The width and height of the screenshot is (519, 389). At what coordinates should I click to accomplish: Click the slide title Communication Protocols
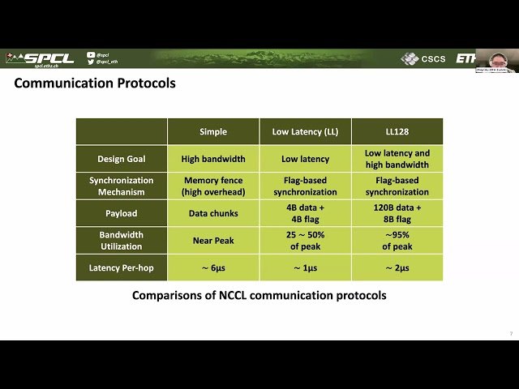(95, 83)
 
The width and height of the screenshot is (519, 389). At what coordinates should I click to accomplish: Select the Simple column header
(213, 131)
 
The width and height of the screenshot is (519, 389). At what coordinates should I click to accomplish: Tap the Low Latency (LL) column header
(305, 131)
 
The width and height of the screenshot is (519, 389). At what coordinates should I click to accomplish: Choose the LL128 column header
(397, 131)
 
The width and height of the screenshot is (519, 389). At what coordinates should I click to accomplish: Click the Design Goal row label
(121, 159)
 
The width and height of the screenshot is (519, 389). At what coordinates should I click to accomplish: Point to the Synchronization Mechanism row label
(121, 186)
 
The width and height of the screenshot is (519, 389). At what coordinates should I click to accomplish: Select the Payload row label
(121, 214)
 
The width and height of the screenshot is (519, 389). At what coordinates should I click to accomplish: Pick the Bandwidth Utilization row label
(121, 241)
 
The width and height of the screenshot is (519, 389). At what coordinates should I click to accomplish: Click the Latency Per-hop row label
(121, 267)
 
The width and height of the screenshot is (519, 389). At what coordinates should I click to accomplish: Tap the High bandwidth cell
(213, 159)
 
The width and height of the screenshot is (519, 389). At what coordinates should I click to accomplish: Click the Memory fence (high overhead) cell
(213, 186)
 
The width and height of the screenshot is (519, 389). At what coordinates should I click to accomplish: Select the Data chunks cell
(213, 214)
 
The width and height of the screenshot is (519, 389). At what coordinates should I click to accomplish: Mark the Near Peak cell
(213, 241)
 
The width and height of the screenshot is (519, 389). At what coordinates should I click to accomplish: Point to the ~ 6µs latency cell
(213, 267)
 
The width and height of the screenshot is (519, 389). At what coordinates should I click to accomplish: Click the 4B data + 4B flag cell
(305, 214)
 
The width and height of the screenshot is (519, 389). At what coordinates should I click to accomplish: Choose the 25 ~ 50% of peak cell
(305, 241)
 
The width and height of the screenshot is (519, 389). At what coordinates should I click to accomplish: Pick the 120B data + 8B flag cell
(397, 214)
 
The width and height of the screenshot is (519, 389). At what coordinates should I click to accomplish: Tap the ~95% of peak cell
(397, 241)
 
